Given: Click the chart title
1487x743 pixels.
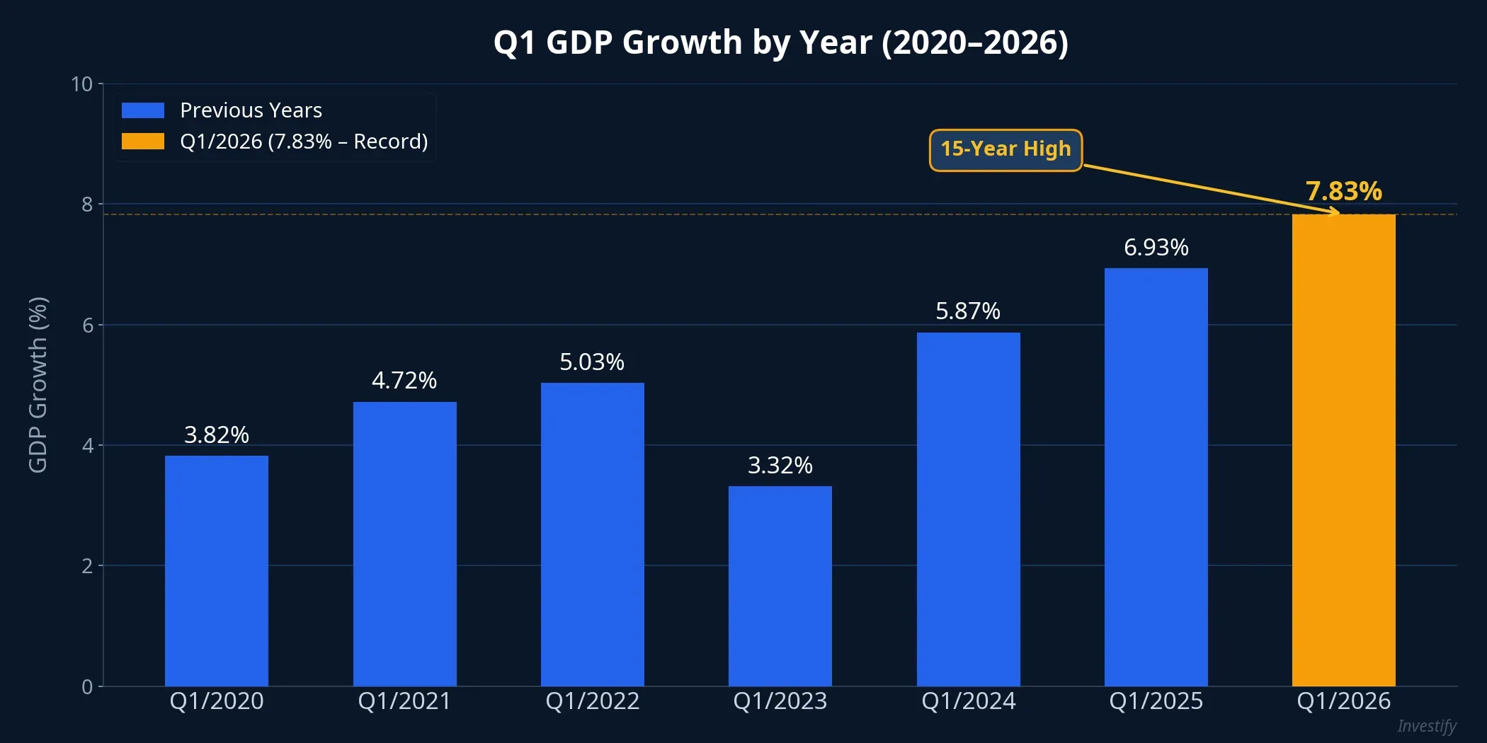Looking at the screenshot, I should click(x=780, y=42).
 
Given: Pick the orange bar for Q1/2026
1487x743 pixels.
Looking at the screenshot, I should click(x=1343, y=450).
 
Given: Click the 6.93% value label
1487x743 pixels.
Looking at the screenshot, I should click(x=1156, y=248).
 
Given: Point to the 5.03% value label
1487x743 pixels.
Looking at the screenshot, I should click(x=592, y=362).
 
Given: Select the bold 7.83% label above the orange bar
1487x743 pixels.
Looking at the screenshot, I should click(x=1343, y=191).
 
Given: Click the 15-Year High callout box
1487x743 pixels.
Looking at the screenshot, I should click(x=1005, y=149).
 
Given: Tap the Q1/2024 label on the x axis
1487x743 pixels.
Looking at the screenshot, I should click(x=968, y=701).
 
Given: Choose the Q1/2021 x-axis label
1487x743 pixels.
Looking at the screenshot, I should click(x=404, y=701).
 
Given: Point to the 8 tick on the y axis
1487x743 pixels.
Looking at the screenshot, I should click(x=87, y=205).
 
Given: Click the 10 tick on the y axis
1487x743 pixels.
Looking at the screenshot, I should click(x=82, y=84).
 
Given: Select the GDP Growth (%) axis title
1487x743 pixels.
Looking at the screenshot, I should click(x=38, y=385).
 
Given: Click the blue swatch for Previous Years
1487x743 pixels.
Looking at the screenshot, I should click(x=143, y=110).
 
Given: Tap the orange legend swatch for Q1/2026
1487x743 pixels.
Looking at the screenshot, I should click(x=143, y=142).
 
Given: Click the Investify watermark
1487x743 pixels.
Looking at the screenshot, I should click(x=1426, y=726).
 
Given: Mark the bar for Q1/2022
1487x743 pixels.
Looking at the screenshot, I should click(x=592, y=534).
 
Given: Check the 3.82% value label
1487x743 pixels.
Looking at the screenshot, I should click(x=217, y=434).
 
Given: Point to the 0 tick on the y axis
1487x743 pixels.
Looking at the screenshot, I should click(x=87, y=686).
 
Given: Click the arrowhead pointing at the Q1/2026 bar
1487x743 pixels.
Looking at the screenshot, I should click(x=1335, y=212).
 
